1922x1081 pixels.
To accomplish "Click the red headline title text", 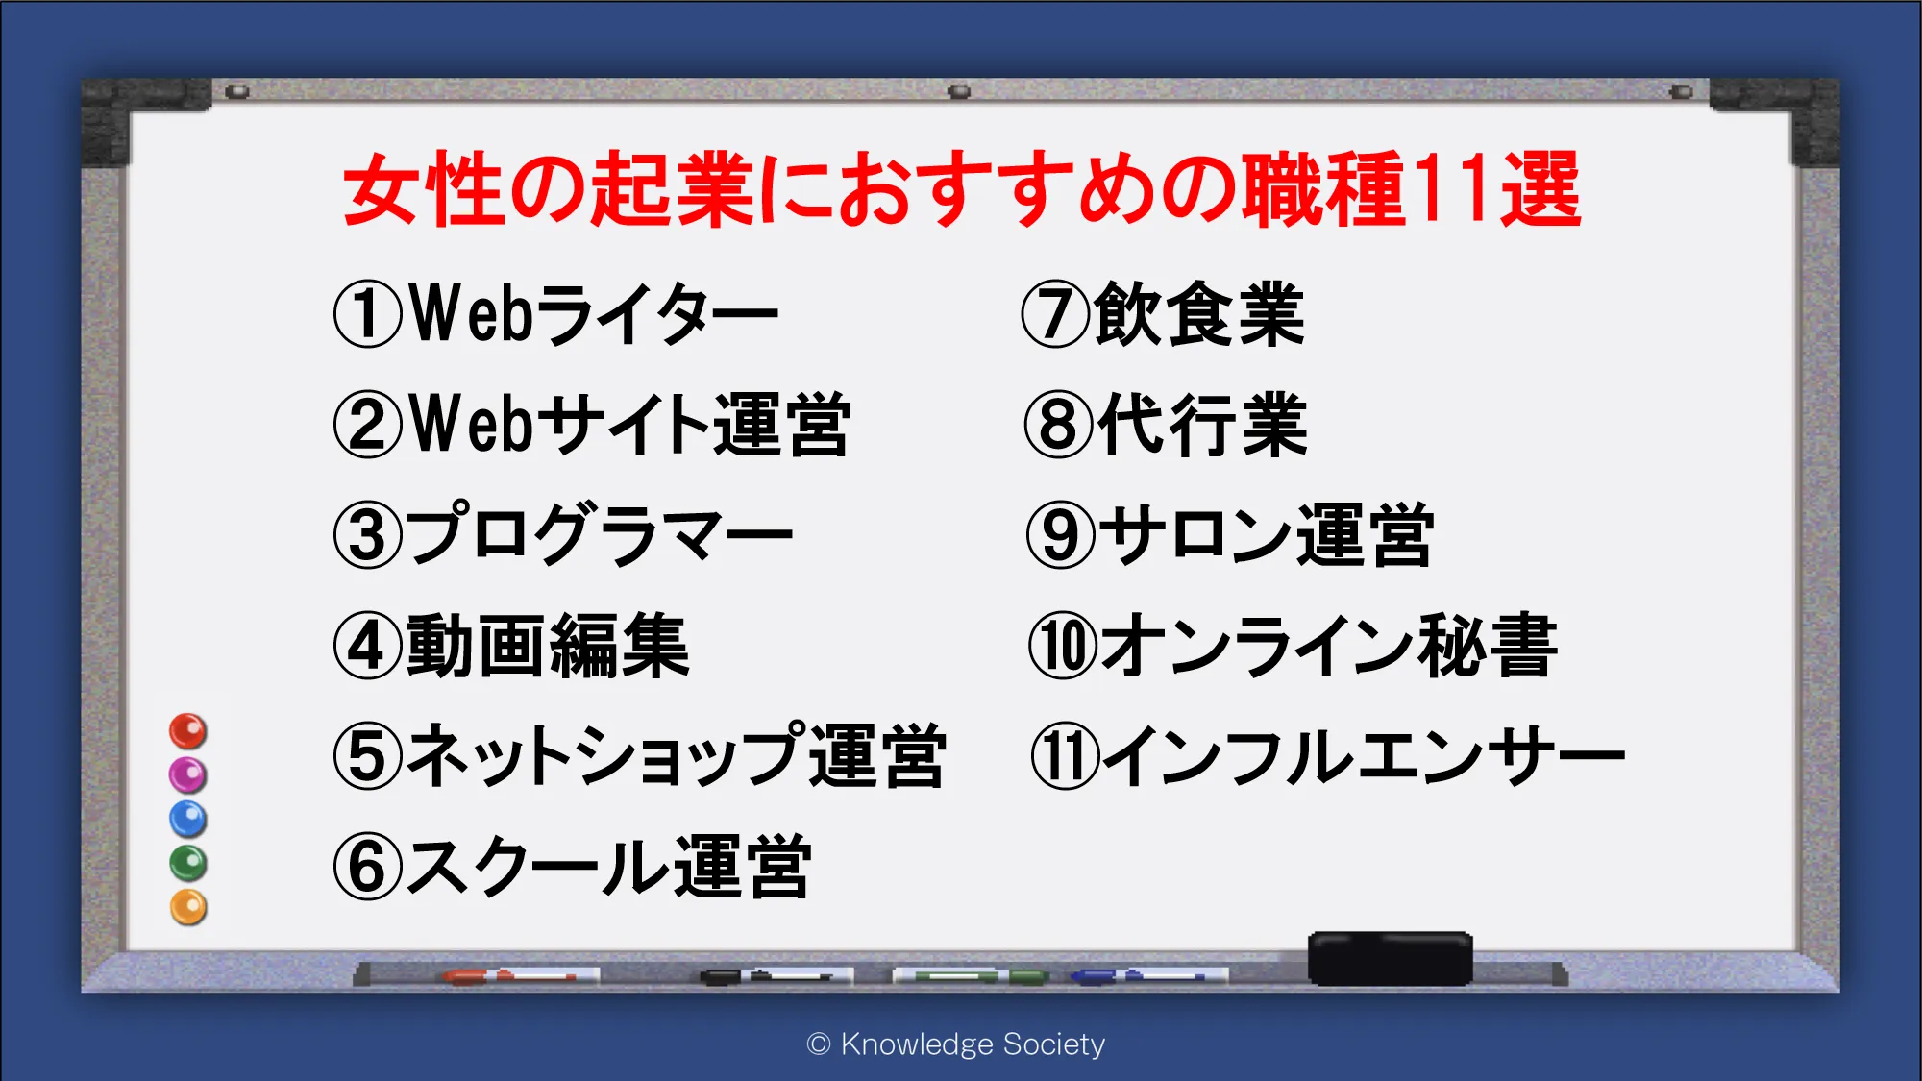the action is [x=962, y=189].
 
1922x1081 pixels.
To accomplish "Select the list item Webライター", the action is [x=556, y=313].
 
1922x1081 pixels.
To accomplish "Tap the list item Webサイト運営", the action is [x=592, y=424].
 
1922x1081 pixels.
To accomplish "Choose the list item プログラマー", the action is [x=563, y=534].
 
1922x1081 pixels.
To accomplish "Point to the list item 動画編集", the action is [x=511, y=646].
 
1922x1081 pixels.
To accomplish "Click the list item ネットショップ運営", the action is [x=640, y=756].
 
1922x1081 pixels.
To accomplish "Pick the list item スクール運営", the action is [x=573, y=867].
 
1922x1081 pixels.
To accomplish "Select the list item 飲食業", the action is [x=1163, y=313].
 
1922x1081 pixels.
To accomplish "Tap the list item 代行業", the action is [x=1166, y=424].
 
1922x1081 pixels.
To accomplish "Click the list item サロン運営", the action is [x=1230, y=534].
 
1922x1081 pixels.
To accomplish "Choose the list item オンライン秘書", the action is [x=1293, y=646].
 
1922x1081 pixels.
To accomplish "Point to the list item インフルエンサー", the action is [x=1327, y=756].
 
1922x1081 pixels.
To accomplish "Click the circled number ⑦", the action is [x=1055, y=313].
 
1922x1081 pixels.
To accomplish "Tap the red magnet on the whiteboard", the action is [x=188, y=731].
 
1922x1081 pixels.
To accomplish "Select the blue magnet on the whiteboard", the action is [x=188, y=820].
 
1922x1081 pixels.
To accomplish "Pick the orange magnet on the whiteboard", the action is [x=188, y=907].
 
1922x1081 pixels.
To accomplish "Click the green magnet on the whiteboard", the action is [x=188, y=863].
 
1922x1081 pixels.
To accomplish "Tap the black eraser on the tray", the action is [x=1390, y=958].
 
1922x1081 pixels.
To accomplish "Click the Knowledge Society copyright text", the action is [x=956, y=1044].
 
